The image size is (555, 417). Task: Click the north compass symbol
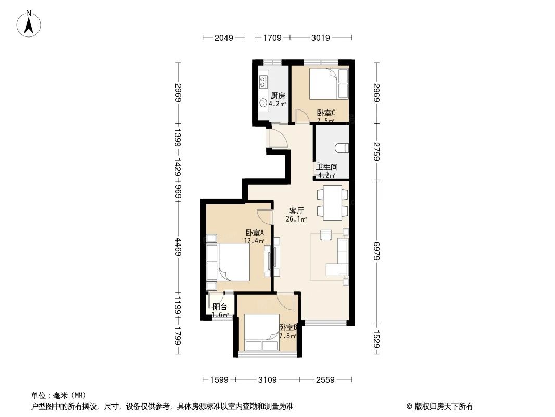pyautogui.click(x=30, y=23)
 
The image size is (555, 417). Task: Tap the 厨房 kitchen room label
pyautogui.click(x=277, y=95)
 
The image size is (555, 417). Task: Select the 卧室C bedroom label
pyautogui.click(x=326, y=112)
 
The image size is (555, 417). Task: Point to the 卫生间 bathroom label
pyautogui.click(x=326, y=167)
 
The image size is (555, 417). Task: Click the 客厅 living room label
pyautogui.click(x=297, y=211)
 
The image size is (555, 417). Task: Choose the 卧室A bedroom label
pyautogui.click(x=255, y=232)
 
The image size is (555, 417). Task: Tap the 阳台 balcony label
pyautogui.click(x=220, y=307)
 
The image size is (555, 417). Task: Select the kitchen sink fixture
pyautogui.click(x=263, y=81)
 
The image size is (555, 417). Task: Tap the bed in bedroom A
pyautogui.click(x=229, y=263)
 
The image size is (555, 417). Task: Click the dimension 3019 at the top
pyautogui.click(x=321, y=38)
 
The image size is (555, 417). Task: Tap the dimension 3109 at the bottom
pyautogui.click(x=267, y=379)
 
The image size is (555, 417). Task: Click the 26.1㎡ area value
pyautogui.click(x=297, y=219)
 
